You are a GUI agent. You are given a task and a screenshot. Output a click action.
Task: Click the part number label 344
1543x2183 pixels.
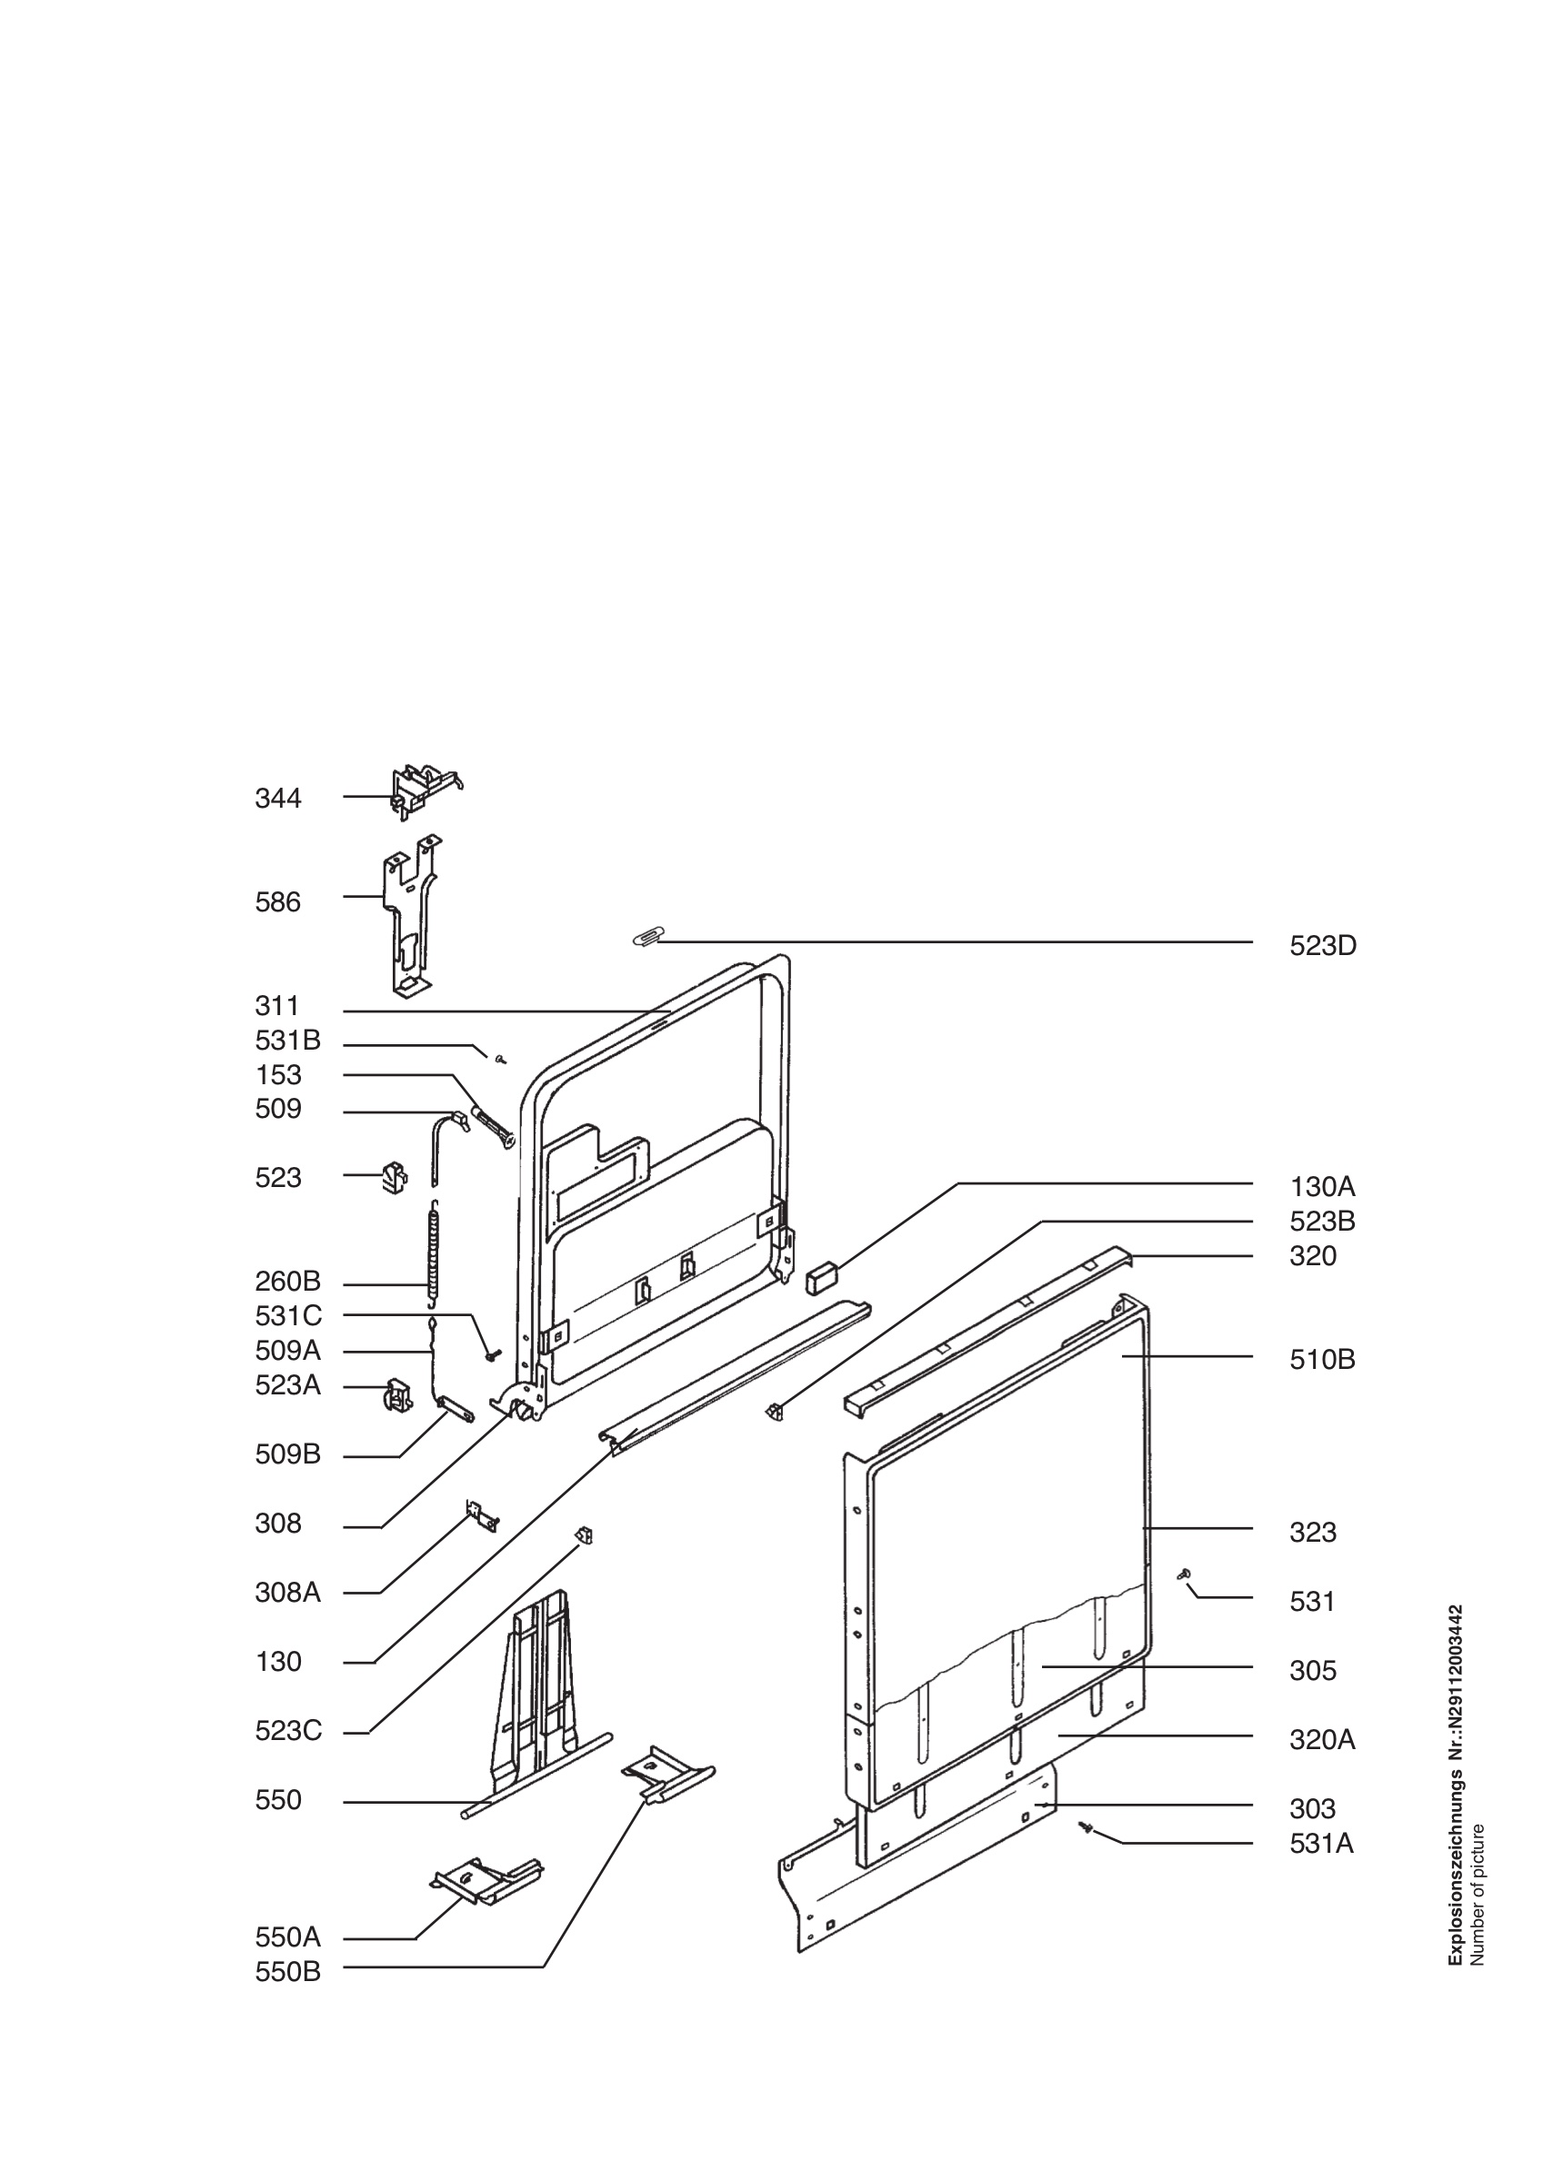[x=277, y=798]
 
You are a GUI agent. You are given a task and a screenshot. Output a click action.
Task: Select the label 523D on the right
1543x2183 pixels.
[x=1322, y=946]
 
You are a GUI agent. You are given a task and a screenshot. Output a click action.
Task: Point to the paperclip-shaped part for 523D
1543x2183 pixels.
[x=648, y=937]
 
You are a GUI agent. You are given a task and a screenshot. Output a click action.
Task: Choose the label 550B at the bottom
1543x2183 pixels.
[x=287, y=1973]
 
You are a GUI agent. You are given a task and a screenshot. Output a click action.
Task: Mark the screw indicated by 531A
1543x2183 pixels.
[x=1087, y=1828]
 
